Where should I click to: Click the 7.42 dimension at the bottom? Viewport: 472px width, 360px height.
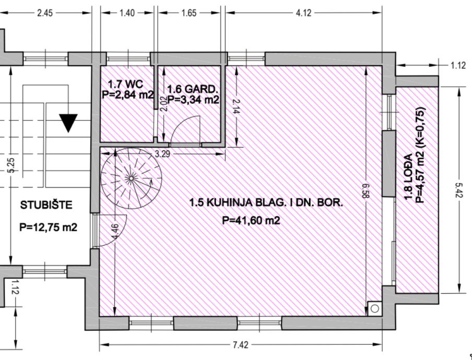241,345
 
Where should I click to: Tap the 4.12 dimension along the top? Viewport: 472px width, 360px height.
303,13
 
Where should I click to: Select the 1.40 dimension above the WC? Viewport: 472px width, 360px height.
127,13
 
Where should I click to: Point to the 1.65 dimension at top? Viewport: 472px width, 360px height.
189,13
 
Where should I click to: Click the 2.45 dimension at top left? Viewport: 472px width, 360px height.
45,13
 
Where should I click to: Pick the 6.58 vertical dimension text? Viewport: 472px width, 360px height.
365,190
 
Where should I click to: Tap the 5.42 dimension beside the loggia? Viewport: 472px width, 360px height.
459,190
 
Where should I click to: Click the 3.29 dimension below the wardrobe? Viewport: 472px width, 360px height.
162,154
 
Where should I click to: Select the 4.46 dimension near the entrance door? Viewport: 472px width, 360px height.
115,232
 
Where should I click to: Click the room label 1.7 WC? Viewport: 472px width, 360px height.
126,84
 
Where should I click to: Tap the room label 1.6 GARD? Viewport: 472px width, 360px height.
193,89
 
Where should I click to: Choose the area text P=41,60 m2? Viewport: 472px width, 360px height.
251,221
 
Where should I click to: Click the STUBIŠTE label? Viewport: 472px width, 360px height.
46,206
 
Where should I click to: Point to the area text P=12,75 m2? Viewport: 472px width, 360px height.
48,227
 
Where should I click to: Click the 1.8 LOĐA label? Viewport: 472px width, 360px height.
408,176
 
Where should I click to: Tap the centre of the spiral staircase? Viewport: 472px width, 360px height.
131,178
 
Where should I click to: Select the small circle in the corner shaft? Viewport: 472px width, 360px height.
375,308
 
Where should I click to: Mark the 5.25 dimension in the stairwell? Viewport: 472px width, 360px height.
11,165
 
